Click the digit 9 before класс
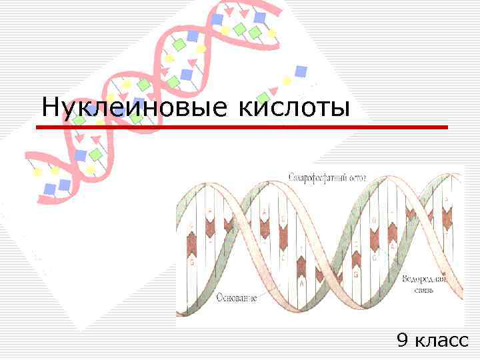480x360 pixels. pyautogui.click(x=402, y=341)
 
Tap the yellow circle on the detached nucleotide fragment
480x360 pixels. pyautogui.click(x=287, y=81)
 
